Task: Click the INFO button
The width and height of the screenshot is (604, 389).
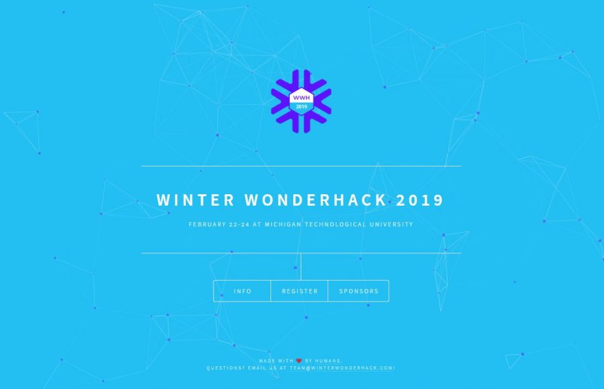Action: (242, 291)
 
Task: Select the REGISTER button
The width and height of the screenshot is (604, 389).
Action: (300, 291)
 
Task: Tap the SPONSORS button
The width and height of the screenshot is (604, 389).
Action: (358, 291)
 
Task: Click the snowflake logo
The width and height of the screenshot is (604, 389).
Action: (301, 101)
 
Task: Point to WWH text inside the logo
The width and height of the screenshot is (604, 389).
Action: (301, 97)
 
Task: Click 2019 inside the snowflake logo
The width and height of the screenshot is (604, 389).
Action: (301, 107)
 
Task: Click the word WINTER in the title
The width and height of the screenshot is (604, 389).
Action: (196, 200)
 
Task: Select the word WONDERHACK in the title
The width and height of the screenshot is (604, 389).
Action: (316, 200)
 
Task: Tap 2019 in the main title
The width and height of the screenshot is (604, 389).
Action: (420, 200)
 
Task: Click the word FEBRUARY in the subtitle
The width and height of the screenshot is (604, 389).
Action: (207, 224)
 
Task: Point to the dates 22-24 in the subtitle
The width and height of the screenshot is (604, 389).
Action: (239, 224)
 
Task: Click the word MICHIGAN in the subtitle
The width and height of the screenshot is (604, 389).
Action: (283, 224)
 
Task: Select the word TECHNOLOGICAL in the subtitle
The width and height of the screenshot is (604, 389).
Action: (336, 224)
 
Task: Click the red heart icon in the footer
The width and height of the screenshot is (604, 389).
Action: (299, 361)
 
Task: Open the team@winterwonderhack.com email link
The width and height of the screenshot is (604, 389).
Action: (342, 368)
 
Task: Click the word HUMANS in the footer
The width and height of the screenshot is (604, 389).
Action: (328, 361)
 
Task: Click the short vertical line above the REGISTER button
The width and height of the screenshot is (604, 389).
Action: (301, 267)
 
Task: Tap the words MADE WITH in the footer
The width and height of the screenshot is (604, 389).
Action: (276, 361)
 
